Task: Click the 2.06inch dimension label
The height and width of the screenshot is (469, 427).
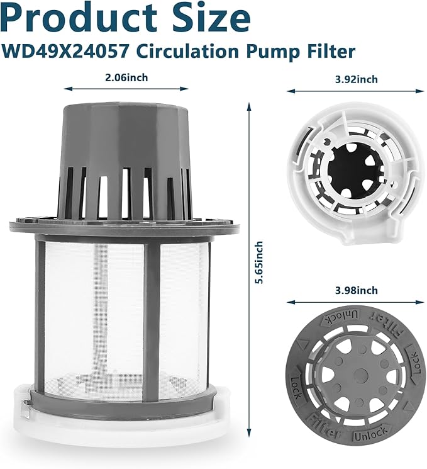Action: pos(128,79)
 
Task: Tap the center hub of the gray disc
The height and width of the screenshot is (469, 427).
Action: pos(358,376)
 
